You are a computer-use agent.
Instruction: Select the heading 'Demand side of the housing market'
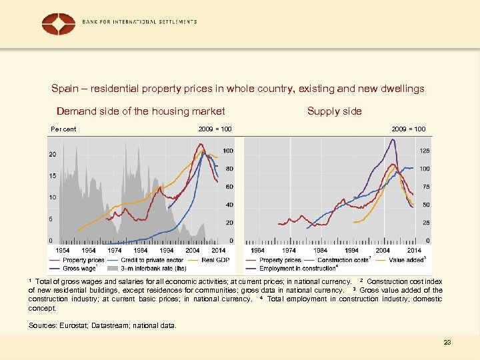[x=141, y=111]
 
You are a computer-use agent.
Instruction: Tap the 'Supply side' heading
[x=334, y=111]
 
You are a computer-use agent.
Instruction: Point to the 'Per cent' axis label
[x=63, y=129]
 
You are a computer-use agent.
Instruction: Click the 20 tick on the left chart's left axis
[x=52, y=155]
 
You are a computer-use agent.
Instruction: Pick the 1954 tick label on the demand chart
[x=63, y=250]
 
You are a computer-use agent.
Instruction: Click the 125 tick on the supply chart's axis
[x=424, y=151]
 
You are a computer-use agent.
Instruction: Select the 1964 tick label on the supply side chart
[x=258, y=250]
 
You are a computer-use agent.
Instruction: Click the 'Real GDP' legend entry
[x=213, y=259]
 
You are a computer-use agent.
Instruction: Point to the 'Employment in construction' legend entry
[x=298, y=268]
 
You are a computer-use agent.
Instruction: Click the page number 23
[x=447, y=342]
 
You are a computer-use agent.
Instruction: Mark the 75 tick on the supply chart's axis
[x=424, y=187]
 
